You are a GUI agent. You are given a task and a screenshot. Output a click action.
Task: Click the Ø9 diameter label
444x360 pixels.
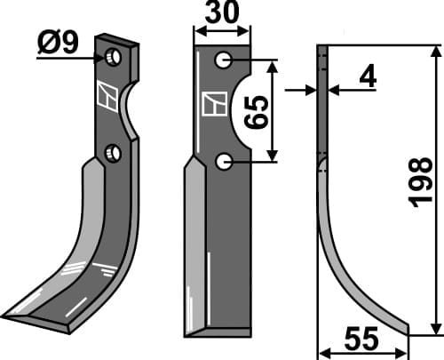pos(59,43)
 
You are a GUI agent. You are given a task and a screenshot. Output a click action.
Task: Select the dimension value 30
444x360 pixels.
pos(222,16)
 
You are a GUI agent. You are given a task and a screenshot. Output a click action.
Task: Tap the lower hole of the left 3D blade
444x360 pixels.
pos(112,154)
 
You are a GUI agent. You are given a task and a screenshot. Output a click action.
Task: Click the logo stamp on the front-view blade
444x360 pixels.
pos(214,105)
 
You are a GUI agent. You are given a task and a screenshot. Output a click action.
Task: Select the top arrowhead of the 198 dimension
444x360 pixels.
pos(434,52)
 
